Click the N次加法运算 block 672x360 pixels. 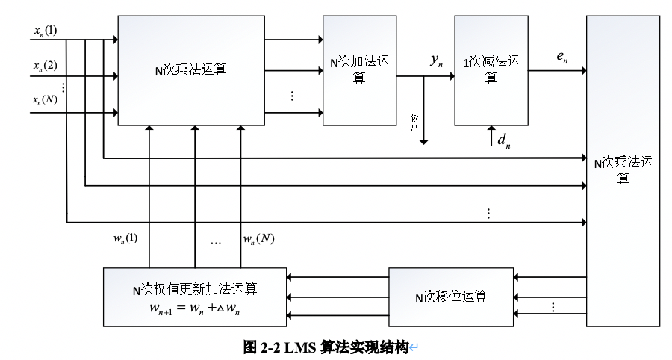click(358, 69)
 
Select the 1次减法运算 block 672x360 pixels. click(490, 69)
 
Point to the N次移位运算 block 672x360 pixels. click(450, 297)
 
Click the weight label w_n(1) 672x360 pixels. click(125, 239)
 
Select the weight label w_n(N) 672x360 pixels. click(258, 239)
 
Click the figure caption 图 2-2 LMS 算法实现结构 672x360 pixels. click(326, 347)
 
